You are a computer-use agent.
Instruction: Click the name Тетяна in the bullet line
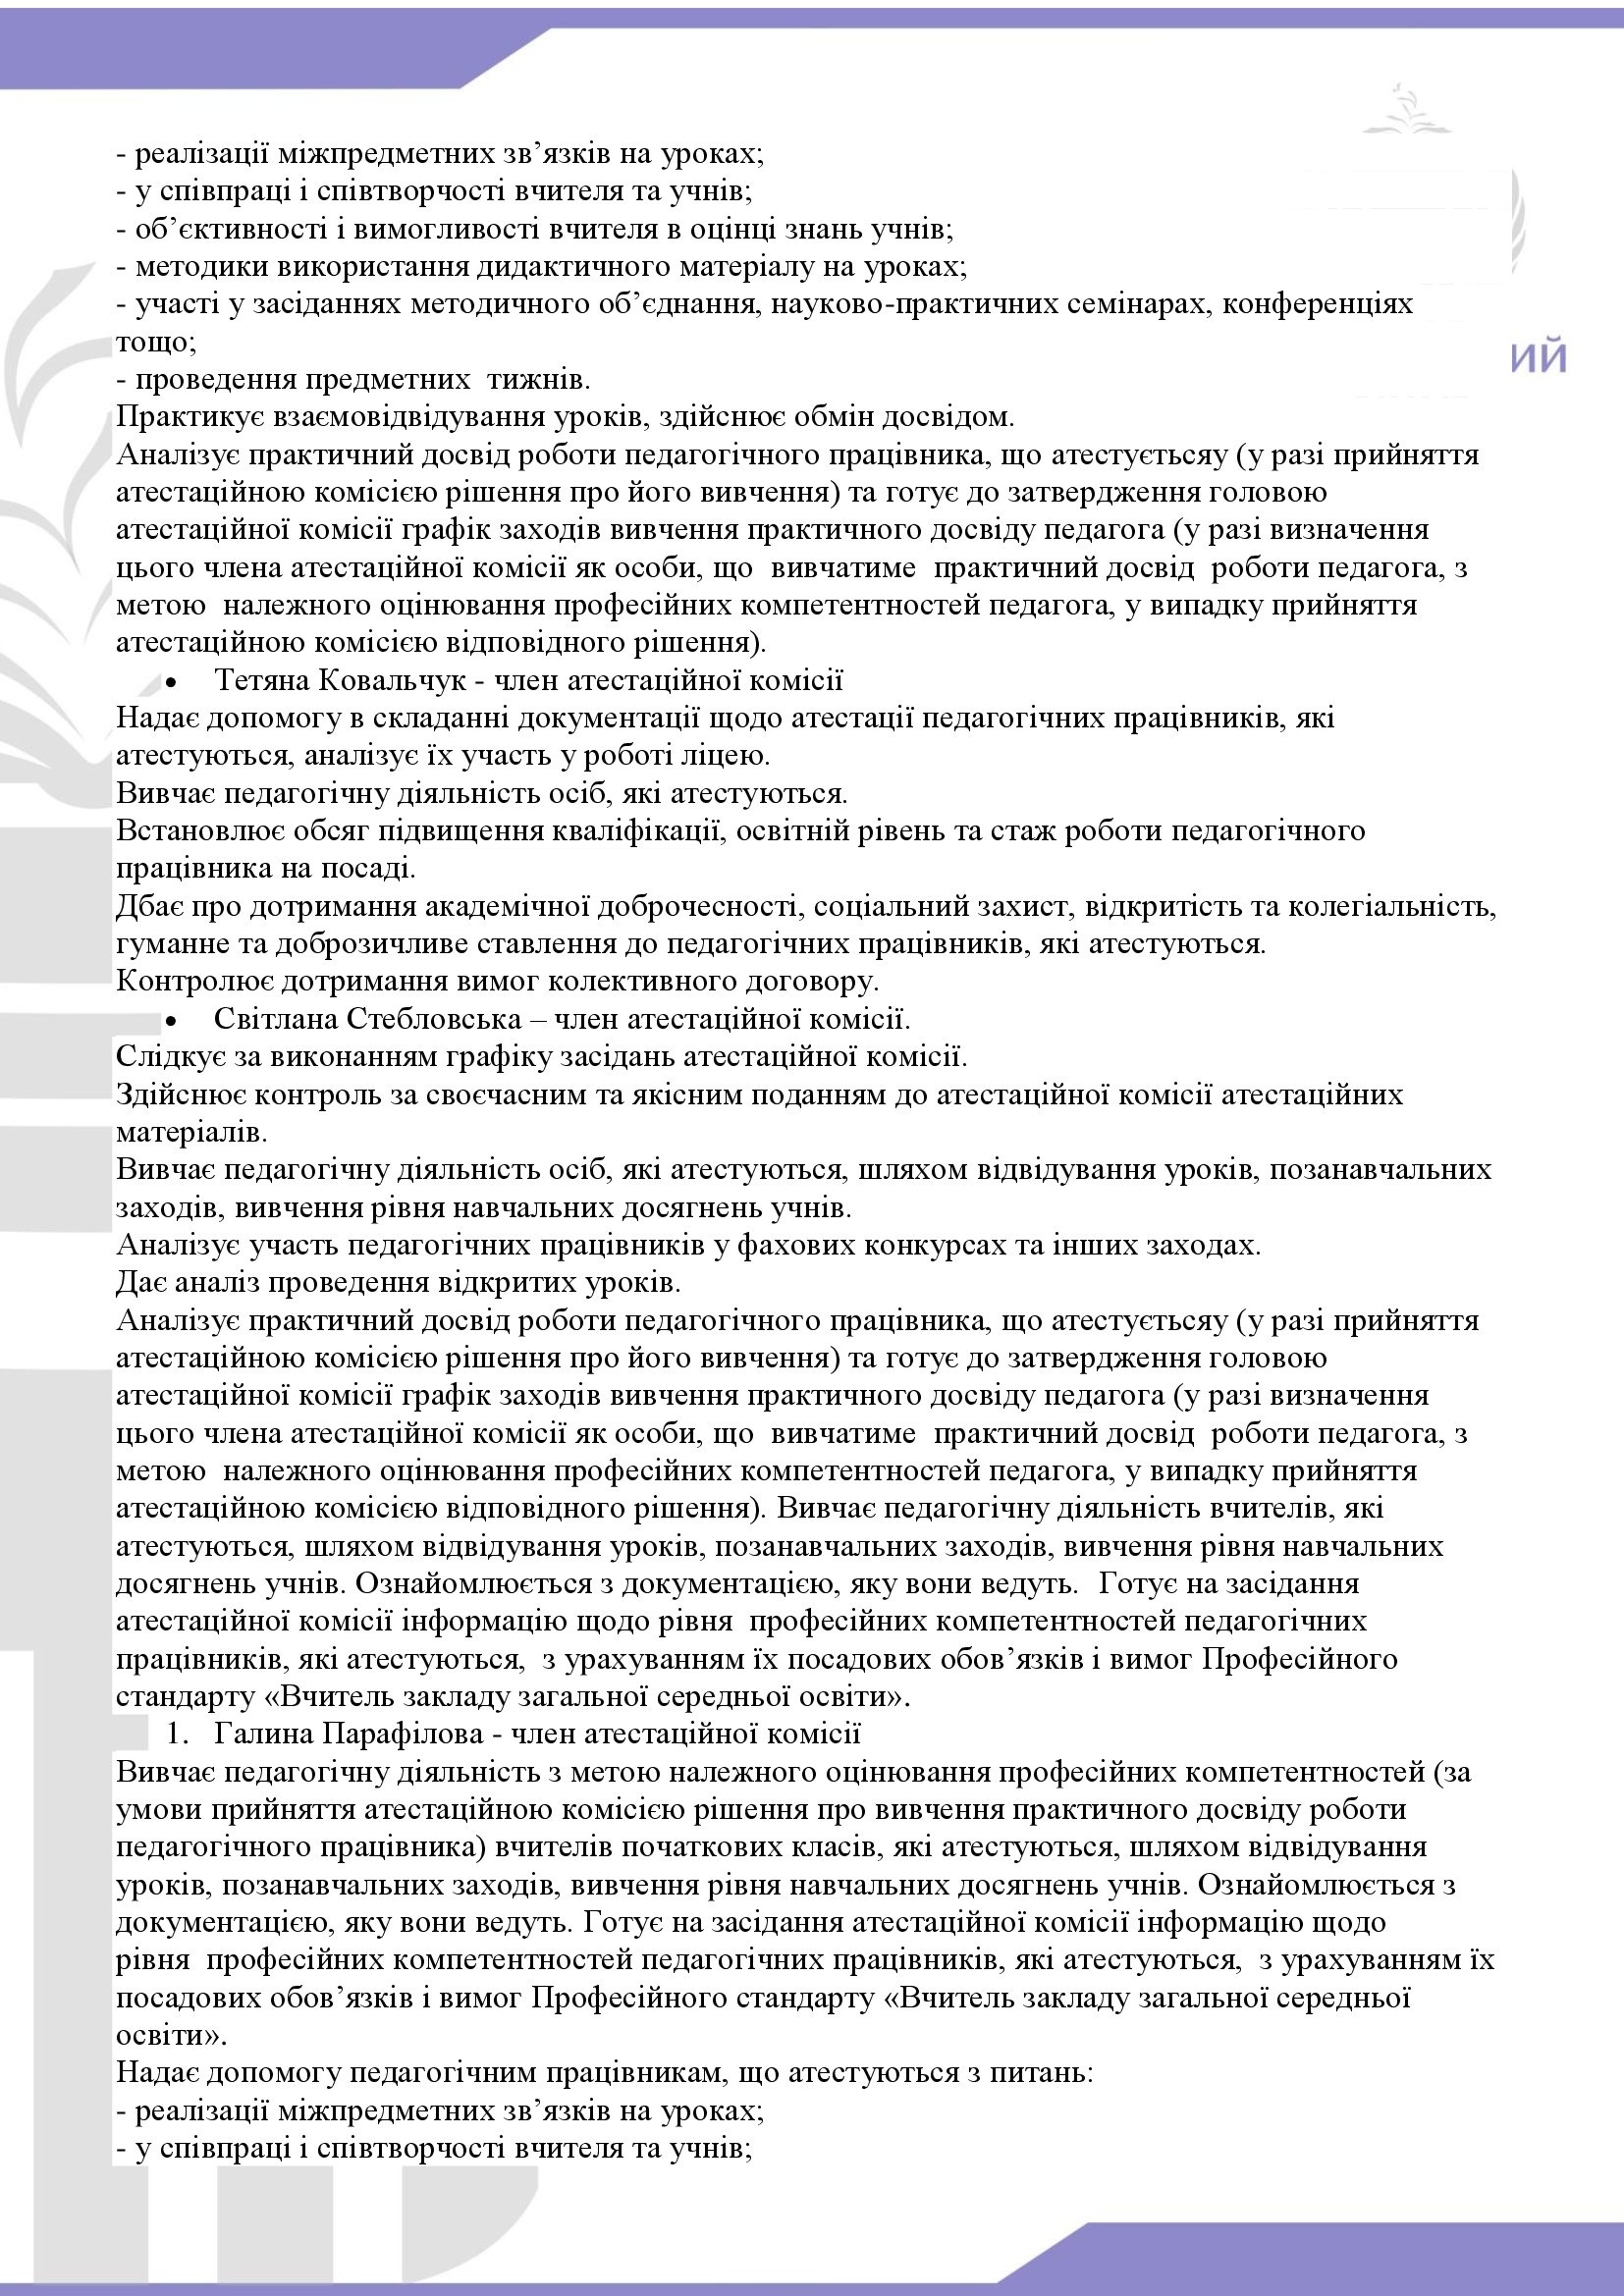pos(262,681)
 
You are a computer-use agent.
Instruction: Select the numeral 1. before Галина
pos(179,1733)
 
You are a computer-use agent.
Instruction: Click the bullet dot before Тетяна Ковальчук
pos(172,683)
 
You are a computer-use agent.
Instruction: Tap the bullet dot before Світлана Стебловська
pos(172,1021)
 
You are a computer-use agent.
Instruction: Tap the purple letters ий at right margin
pos(1538,358)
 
